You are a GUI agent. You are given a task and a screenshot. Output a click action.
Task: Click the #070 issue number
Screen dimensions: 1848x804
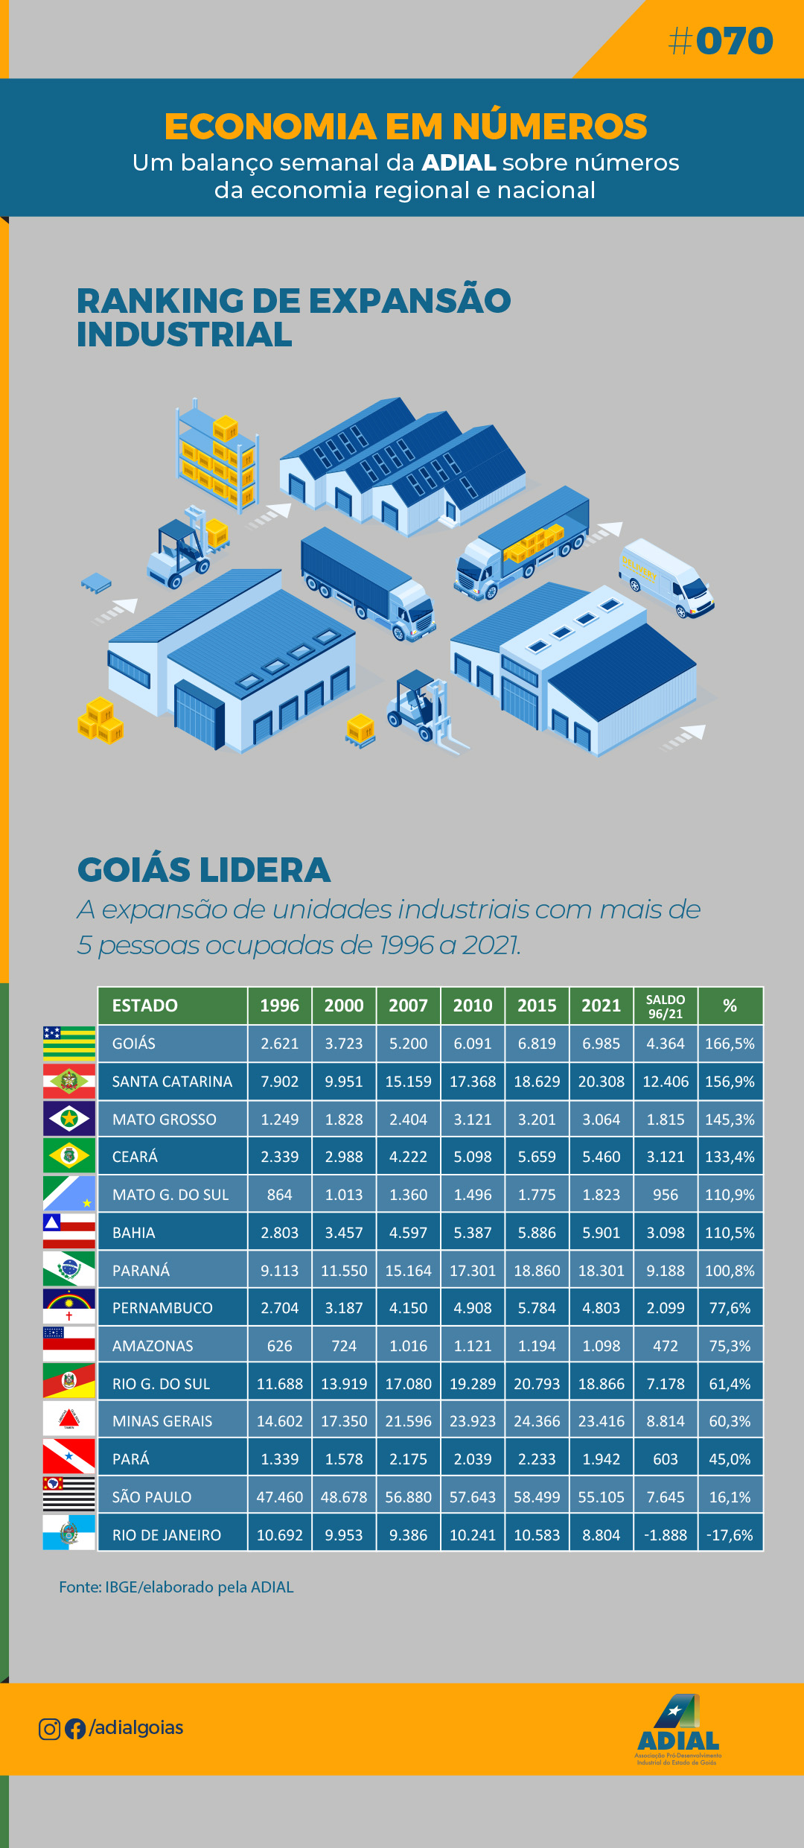[x=721, y=41]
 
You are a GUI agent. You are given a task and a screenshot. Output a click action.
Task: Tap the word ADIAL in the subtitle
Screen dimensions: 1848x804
[x=459, y=162]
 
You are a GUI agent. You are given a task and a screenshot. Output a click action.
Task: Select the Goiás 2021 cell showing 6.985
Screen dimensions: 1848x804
[x=601, y=1044]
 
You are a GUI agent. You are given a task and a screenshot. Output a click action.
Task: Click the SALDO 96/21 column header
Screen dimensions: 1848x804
[x=665, y=1006]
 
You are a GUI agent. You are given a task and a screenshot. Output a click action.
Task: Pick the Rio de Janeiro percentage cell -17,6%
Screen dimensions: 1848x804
[x=730, y=1535]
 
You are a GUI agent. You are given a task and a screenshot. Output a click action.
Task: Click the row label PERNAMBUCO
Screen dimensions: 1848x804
[x=162, y=1308]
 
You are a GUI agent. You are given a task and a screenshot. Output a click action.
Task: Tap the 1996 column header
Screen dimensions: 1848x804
[x=279, y=1006]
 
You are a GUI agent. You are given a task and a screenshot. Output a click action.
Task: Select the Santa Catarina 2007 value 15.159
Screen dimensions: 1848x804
[x=408, y=1082]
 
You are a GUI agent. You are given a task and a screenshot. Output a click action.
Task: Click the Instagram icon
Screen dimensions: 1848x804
[x=49, y=1729]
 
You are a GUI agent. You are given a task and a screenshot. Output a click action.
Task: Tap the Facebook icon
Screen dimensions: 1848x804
[x=75, y=1729]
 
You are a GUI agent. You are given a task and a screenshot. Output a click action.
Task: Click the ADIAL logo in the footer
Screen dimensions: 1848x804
[x=678, y=1730]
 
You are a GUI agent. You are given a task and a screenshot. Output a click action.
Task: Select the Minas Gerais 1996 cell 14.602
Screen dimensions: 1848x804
[x=279, y=1421]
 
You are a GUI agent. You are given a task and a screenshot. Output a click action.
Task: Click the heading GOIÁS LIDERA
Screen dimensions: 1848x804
[x=204, y=870]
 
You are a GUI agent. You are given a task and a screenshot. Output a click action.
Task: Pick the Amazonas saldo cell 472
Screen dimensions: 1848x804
[x=665, y=1346]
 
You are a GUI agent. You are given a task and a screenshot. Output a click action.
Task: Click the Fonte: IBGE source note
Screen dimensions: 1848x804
[x=176, y=1587]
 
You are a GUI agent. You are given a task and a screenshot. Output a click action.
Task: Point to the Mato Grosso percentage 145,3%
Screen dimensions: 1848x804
[x=730, y=1120]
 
